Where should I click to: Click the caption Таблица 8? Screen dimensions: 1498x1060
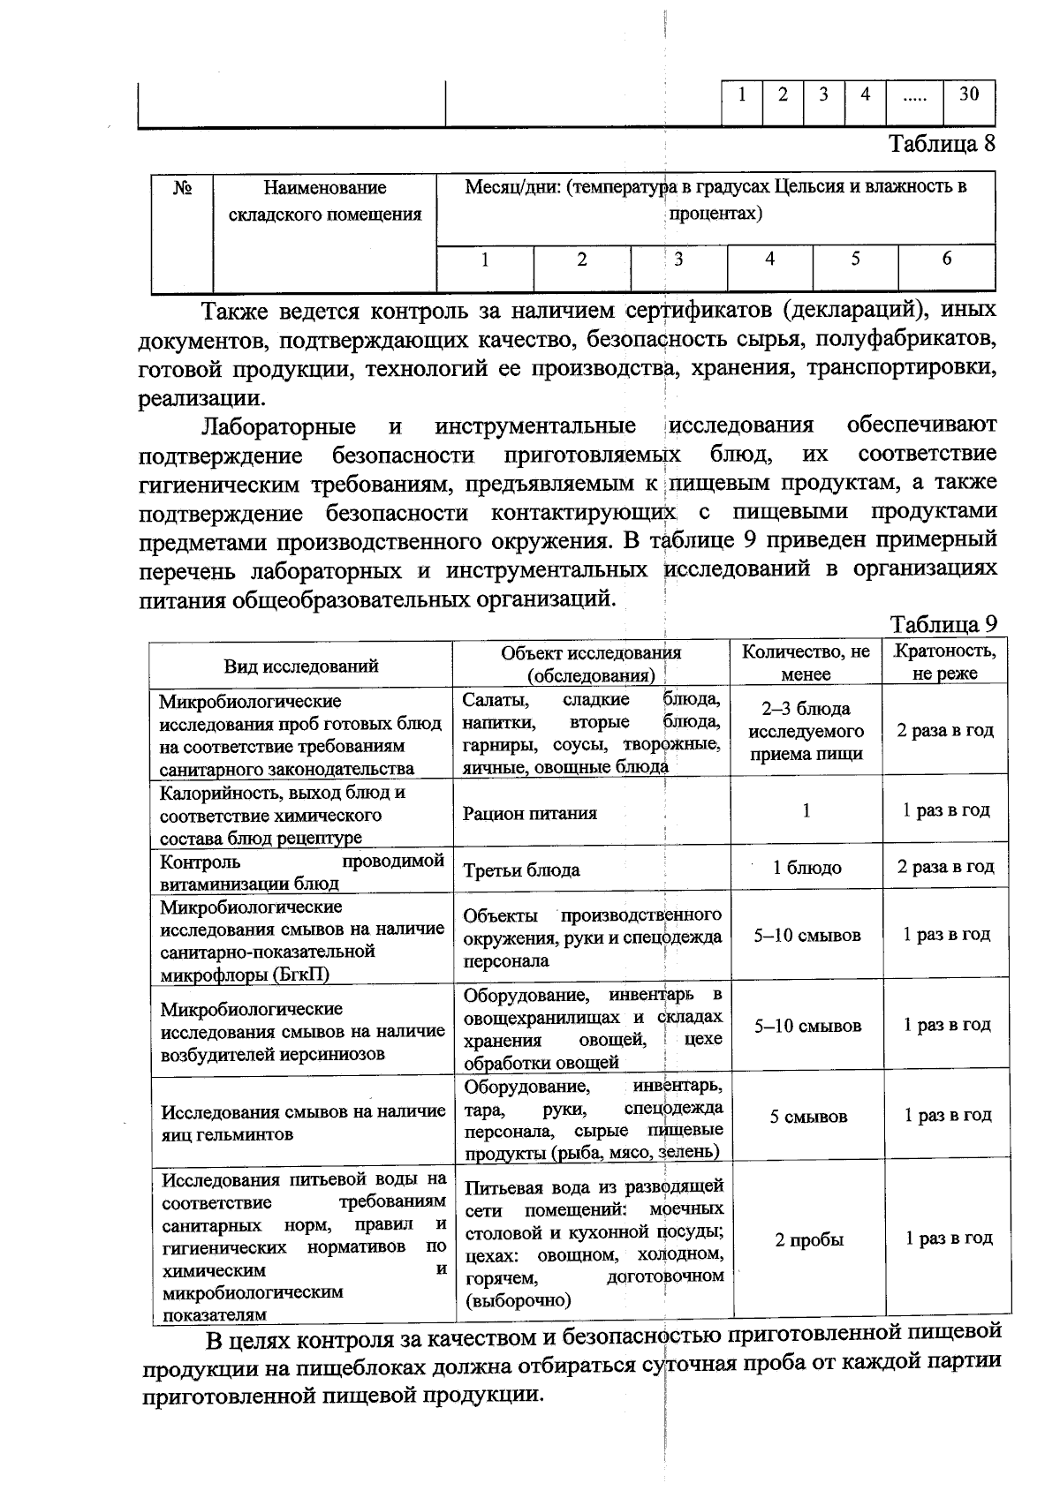(x=941, y=144)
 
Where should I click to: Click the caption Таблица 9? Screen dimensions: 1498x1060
(x=943, y=624)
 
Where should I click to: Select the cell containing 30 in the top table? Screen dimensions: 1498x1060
(x=969, y=94)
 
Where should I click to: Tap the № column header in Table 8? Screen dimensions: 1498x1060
(x=182, y=188)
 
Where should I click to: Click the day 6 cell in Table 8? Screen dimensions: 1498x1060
(x=946, y=260)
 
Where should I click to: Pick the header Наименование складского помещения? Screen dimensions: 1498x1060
(x=325, y=201)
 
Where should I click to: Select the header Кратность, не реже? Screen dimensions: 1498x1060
(x=946, y=662)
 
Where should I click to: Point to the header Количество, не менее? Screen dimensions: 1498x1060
(x=806, y=662)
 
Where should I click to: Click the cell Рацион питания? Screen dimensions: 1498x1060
(x=529, y=813)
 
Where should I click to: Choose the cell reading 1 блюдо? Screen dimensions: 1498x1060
(x=806, y=868)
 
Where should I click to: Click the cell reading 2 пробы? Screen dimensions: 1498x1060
(x=808, y=1239)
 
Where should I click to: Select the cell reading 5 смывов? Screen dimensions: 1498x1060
(x=807, y=1117)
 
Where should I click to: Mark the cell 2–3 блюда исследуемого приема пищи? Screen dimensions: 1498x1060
(x=806, y=732)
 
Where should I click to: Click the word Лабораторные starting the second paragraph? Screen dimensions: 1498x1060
(x=278, y=426)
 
